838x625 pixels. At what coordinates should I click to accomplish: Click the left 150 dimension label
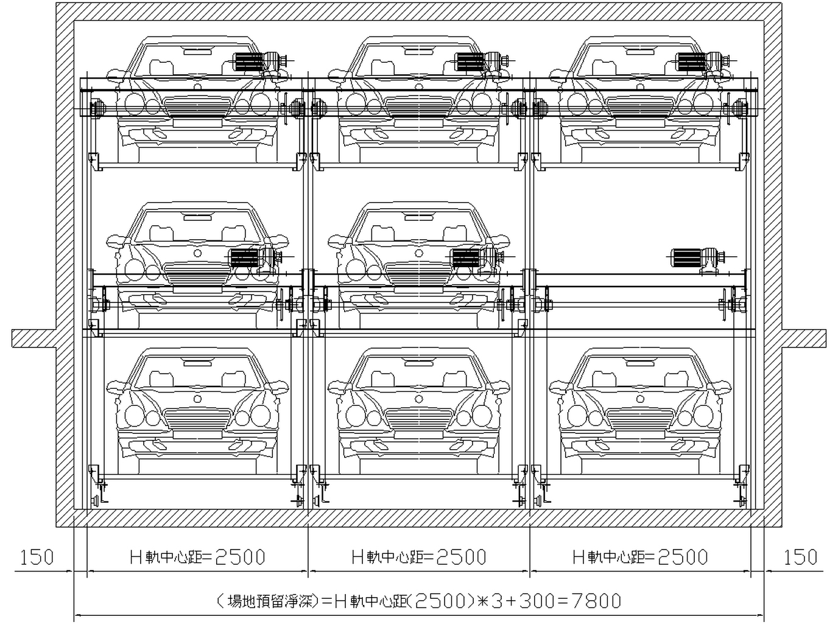coord(37,557)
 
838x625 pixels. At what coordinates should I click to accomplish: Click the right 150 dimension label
coord(801,557)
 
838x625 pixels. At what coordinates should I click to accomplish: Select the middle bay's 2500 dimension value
coord(461,557)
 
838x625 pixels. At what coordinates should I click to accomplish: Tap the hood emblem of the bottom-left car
coord(197,399)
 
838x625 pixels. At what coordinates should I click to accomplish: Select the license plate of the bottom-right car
coord(640,435)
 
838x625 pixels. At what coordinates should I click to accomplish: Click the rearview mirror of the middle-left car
coord(197,217)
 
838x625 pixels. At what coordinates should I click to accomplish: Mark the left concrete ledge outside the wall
coord(34,338)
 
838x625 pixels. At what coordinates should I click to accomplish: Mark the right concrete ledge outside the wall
coord(804,338)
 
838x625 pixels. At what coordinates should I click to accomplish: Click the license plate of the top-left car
coord(197,124)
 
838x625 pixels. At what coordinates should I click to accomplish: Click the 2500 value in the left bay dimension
coord(240,557)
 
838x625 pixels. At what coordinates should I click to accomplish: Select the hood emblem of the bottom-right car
coord(640,399)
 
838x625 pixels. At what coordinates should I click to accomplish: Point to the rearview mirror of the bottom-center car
coord(419,363)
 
